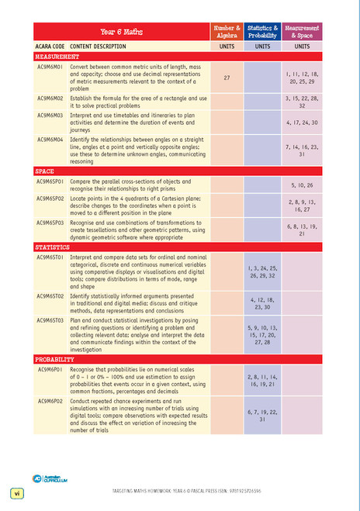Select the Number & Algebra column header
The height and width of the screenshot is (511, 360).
coord(227,32)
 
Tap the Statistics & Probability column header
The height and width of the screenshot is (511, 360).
coord(263,32)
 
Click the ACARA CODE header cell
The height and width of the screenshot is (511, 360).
coord(49,47)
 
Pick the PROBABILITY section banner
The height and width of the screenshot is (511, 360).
coord(57,360)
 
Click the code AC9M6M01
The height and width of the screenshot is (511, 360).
coord(50,67)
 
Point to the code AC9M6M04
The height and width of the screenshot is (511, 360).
coord(50,140)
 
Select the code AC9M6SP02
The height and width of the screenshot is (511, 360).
coord(51,199)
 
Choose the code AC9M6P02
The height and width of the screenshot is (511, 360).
coord(50,401)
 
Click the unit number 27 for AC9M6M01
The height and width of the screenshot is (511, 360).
coord(227,78)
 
